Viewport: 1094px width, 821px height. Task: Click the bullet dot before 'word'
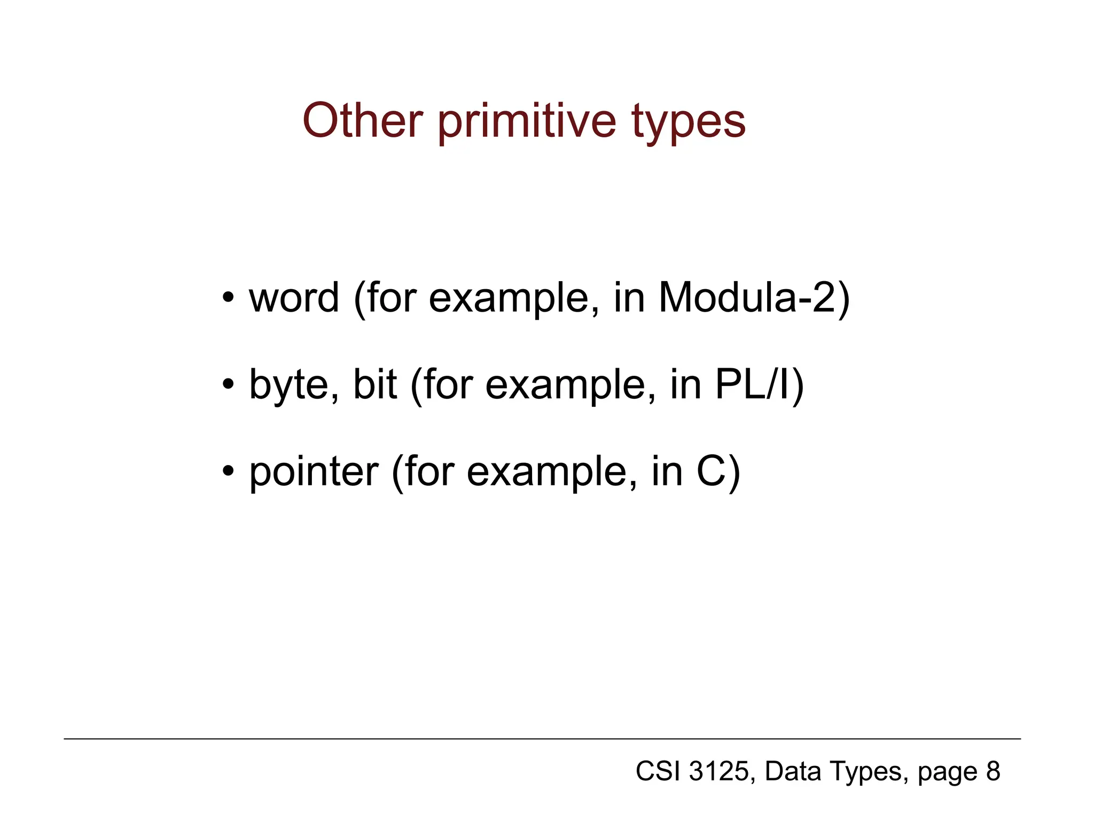click(229, 298)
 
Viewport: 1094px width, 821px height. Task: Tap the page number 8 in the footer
click(993, 771)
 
